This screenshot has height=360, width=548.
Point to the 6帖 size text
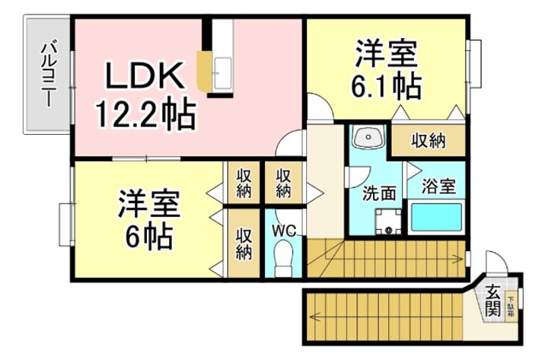[149, 237]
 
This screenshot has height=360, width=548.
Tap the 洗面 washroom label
[378, 193]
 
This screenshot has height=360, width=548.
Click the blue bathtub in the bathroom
[437, 218]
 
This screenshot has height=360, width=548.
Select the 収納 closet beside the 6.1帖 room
[429, 140]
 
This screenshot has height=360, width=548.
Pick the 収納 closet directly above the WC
[283, 183]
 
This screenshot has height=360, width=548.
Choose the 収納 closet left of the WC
[244, 243]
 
